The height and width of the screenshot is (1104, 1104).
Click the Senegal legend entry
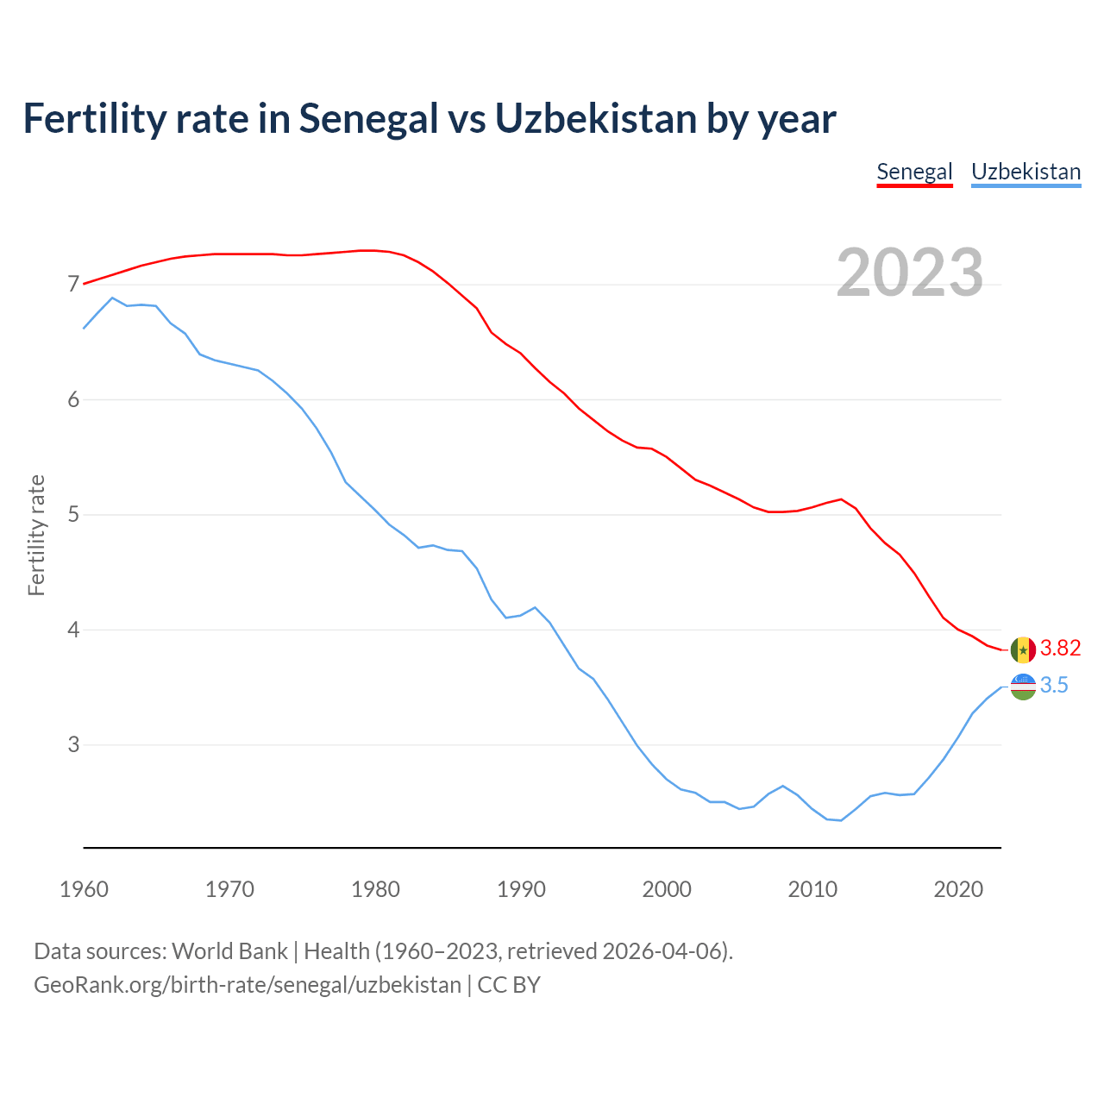(x=914, y=172)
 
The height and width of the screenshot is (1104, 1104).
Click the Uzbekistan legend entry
(x=1026, y=172)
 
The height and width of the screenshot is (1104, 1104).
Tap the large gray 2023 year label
(x=909, y=273)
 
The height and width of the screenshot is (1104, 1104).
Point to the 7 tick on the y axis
(x=73, y=285)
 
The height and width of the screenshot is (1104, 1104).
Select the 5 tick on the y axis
(x=73, y=515)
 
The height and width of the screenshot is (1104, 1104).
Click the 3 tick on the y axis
(x=73, y=744)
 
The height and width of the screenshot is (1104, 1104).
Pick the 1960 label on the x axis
(x=84, y=889)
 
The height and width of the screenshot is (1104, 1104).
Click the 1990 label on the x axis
(x=521, y=889)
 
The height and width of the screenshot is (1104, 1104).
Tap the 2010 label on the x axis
(x=812, y=889)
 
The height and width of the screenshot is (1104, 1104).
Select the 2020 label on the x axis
(x=958, y=889)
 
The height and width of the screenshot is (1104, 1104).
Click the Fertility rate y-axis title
(x=36, y=535)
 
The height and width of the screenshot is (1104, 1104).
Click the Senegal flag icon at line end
(x=1023, y=649)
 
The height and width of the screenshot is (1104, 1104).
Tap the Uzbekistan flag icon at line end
(x=1023, y=687)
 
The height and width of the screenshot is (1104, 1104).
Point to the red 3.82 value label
(x=1060, y=649)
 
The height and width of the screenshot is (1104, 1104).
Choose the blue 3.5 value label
(x=1054, y=686)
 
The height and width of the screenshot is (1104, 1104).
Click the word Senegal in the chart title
(x=368, y=118)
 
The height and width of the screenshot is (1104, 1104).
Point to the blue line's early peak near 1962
(x=112, y=298)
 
